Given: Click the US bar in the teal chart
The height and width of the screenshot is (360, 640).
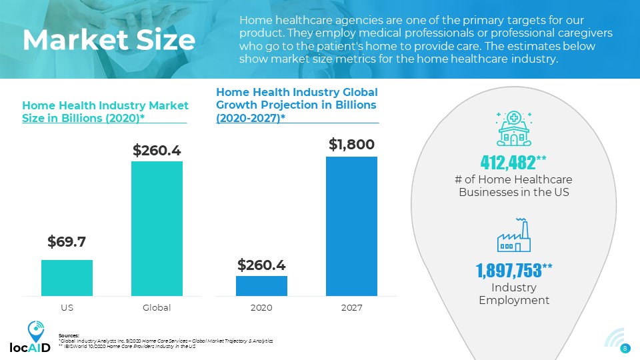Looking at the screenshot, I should coord(67,277).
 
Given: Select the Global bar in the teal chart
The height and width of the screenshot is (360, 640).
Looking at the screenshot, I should coord(157,229).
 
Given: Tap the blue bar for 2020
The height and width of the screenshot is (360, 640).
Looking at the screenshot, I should coord(261,285).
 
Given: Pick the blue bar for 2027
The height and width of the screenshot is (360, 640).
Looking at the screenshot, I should coord(351,226).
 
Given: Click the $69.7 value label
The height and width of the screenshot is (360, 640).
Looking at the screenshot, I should coord(67,241).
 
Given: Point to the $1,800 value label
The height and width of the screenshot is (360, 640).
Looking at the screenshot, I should coord(351,143).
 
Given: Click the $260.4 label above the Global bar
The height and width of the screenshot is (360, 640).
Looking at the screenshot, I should coord(157,151).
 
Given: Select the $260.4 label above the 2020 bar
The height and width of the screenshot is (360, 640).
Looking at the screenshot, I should coord(261,265).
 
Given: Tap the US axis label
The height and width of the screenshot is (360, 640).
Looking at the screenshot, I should coord(67,308).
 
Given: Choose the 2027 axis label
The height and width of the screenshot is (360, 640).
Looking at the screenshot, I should coord(351,308).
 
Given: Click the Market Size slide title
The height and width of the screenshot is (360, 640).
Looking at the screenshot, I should coord(108,41).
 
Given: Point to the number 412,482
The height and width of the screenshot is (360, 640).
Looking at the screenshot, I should coord(510,161).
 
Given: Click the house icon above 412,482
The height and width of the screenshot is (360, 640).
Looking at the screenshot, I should coord(514,129).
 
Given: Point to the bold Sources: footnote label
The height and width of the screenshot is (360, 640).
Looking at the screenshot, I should coord(69,335).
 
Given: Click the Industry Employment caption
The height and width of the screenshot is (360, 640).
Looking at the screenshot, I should coord(514,294).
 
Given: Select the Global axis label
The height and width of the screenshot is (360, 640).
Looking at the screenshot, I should coord(157,308).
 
